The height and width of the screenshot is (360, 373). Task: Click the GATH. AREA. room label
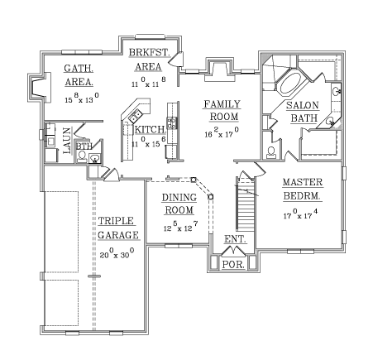pyautogui.click(x=79, y=75)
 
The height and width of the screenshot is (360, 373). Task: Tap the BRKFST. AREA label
pyautogui.click(x=149, y=60)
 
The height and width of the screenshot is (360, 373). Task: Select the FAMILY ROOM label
pyautogui.click(x=222, y=110)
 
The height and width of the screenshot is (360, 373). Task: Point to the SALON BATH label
pyautogui.click(x=303, y=112)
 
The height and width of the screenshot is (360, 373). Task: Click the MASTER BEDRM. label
pyautogui.click(x=303, y=189)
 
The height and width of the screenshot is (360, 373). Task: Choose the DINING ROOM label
pyautogui.click(x=179, y=204)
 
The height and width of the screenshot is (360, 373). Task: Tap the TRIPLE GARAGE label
pyautogui.click(x=118, y=228)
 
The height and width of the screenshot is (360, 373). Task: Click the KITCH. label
pyautogui.click(x=151, y=129)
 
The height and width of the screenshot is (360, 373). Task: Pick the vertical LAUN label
pyautogui.click(x=67, y=141)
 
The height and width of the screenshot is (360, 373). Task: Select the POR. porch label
pyautogui.click(x=233, y=265)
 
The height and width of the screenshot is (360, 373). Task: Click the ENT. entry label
pyautogui.click(x=235, y=239)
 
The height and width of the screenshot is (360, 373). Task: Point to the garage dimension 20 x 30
pyautogui.click(x=117, y=253)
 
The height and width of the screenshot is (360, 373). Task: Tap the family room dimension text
pyautogui.click(x=222, y=132)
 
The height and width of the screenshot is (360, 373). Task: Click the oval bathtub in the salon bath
pyautogui.click(x=290, y=84)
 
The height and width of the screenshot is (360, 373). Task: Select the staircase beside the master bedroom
pyautogui.click(x=246, y=204)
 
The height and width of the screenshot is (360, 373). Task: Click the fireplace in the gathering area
pyautogui.click(x=39, y=88)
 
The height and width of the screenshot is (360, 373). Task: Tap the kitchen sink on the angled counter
pyautogui.click(x=136, y=116)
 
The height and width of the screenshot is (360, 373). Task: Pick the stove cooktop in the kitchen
pyautogui.click(x=171, y=123)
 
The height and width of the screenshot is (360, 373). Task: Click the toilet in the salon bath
pyautogui.click(x=271, y=152)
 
